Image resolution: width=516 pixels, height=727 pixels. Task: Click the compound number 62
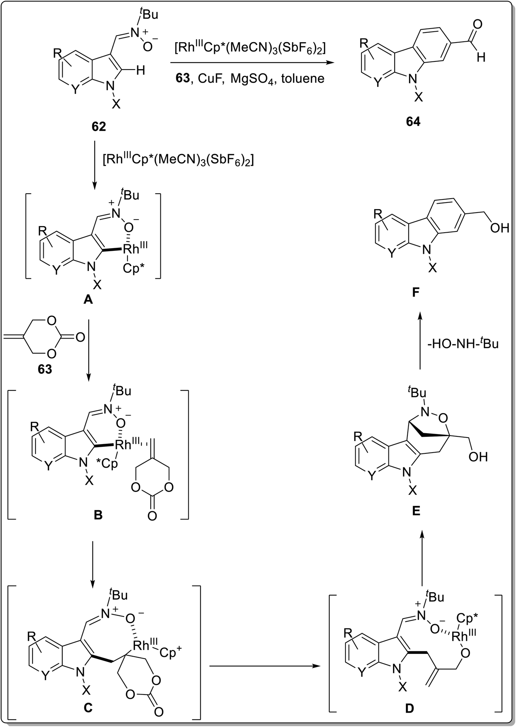pos(99,126)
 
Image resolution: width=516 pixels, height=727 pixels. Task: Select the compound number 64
pos(413,122)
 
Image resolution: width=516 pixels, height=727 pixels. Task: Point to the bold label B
pos(98,515)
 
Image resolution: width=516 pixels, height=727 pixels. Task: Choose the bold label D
pos(409,708)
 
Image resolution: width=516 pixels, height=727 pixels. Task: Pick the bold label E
pos(416,511)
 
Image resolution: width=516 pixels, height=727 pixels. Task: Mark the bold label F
pos(416,293)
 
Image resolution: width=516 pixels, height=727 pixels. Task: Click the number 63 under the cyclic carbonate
pos(44,369)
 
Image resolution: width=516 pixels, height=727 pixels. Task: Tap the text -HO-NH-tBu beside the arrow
pos(463,343)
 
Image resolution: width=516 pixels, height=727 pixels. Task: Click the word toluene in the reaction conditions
pos(303,78)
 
